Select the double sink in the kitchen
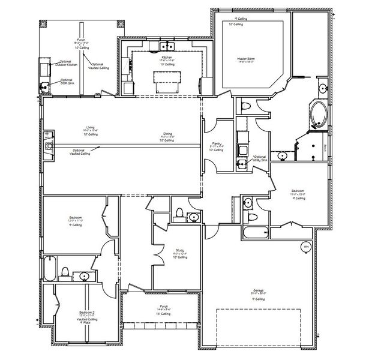[x=166, y=46]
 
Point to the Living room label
[x=91, y=128]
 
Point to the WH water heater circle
[x=306, y=247]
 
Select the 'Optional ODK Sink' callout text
[x=67, y=81]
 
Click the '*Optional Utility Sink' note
[x=259, y=157]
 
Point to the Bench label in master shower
[x=325, y=146]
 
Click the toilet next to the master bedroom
[x=245, y=107]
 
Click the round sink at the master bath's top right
[x=322, y=89]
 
